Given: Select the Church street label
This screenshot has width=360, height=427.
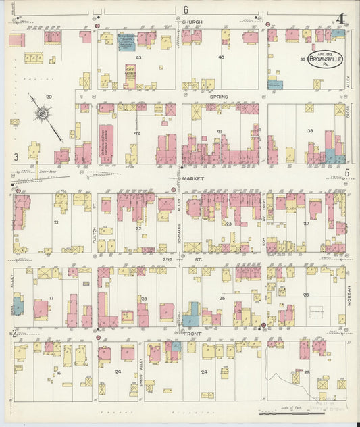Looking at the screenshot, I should [192, 22].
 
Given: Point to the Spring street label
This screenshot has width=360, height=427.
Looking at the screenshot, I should [218, 97].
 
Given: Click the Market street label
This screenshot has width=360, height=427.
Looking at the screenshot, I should [194, 178].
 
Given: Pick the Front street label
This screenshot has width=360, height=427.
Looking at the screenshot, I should [194, 333].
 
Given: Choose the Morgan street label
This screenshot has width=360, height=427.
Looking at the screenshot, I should [349, 295].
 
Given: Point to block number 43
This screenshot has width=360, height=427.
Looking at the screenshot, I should [138, 58].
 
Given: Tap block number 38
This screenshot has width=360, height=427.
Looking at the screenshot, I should [310, 130].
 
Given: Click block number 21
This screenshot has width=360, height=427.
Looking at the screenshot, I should [57, 222].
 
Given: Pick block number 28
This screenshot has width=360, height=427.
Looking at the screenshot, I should [306, 295].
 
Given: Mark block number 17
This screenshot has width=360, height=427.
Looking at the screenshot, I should [51, 297].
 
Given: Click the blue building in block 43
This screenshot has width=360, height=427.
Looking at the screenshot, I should [125, 42].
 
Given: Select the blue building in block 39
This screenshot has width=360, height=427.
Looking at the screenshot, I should [275, 84].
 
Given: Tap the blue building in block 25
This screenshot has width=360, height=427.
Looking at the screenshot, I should [192, 315].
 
